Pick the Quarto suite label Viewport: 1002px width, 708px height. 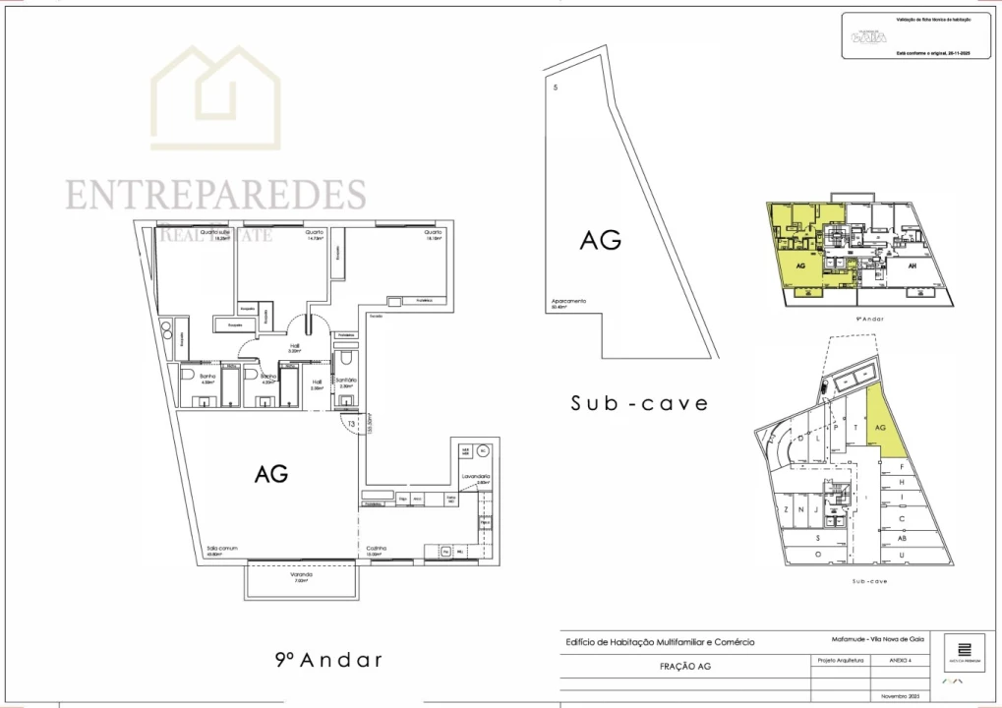215,233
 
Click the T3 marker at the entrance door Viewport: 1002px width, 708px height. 351,424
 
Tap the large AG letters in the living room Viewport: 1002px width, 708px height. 271,473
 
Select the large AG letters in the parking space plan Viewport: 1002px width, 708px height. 600,239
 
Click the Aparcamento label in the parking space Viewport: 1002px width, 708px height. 569,302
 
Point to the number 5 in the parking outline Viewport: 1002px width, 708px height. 556,88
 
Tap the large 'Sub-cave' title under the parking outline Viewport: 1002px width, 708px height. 639,403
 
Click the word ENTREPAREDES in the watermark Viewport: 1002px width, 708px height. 216,194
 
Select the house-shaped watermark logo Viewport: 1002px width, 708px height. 215,100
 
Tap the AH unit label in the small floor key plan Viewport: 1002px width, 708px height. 912,265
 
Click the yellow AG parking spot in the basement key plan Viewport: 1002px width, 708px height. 881,429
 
